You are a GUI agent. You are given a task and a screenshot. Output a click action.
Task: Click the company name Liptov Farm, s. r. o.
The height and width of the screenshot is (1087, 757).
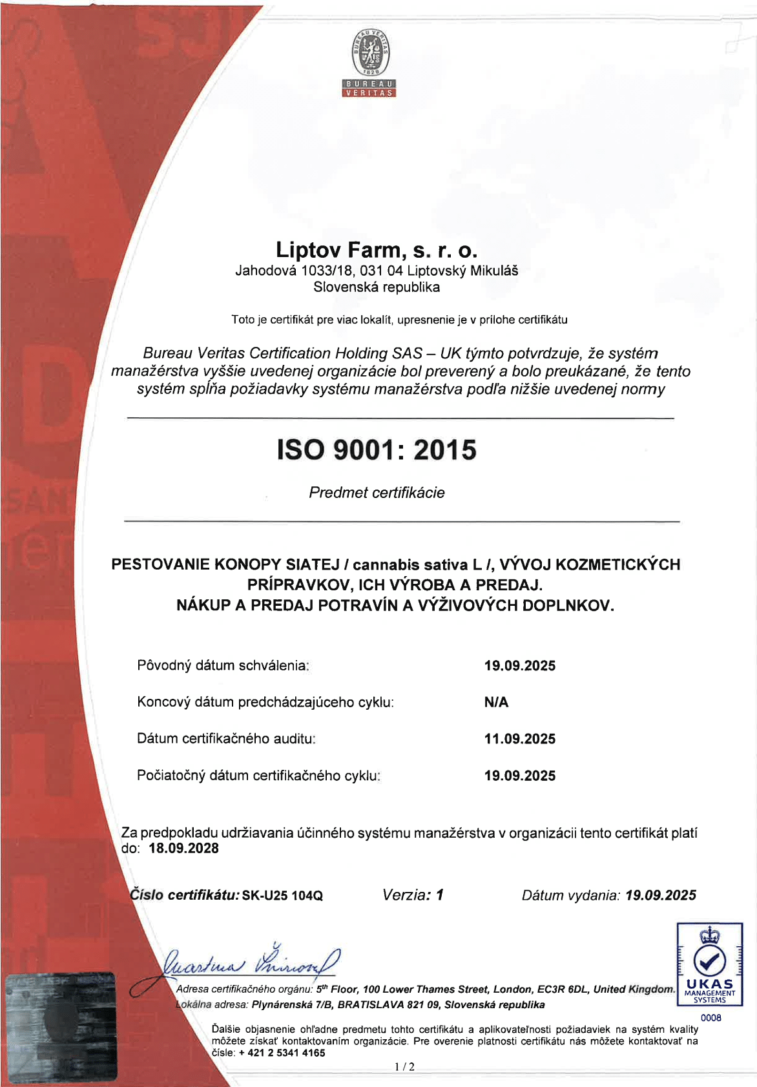pos(377,250)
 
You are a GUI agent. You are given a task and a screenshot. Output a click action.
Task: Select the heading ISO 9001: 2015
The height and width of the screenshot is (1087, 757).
pos(377,450)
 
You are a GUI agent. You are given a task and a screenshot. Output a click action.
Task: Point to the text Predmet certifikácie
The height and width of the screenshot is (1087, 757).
pos(377,493)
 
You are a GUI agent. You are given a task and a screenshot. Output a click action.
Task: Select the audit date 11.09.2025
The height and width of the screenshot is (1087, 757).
pos(520,739)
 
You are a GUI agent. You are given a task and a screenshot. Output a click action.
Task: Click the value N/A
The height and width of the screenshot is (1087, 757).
pos(496,702)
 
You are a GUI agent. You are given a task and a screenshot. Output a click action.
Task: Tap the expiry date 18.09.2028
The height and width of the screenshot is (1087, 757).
pos(184,849)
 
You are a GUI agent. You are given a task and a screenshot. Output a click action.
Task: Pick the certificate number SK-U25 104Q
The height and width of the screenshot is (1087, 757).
pos(282,896)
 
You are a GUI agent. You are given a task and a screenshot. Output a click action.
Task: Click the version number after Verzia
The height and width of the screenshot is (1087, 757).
pos(439,895)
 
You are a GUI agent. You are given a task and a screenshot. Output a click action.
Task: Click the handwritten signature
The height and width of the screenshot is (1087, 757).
pos(249,962)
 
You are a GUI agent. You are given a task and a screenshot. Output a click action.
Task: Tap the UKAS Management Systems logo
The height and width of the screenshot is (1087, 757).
pos(709,964)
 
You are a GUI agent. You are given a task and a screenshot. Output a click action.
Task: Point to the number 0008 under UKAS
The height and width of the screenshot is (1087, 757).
pos(710,1018)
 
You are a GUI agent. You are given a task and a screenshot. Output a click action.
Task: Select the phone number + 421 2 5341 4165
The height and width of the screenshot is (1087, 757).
pos(282,1053)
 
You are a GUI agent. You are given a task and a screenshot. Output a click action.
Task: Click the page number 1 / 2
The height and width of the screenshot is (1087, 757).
pos(404,1067)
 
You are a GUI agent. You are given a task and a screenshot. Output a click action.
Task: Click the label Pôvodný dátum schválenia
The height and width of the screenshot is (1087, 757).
pos(223,665)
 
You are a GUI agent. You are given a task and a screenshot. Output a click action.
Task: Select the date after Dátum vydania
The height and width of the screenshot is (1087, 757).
pos(661,895)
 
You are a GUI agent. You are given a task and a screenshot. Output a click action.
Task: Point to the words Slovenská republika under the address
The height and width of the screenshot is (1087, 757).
pos(377,287)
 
